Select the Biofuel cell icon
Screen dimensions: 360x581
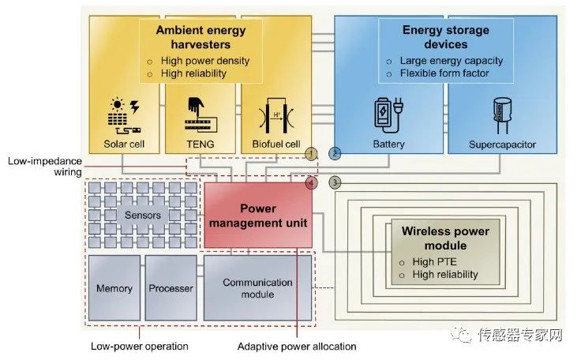pos(276,114)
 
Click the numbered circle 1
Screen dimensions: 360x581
pos(312,152)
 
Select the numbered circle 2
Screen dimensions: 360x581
pos(335,152)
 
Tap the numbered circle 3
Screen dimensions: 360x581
pos(335,183)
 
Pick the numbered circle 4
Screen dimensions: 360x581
pos(312,183)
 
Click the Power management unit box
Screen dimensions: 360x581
pos(258,216)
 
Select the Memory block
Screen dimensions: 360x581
pos(114,288)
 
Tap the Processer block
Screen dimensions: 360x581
pos(171,288)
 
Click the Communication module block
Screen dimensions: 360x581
pos(257,288)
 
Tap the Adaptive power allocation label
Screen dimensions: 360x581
pos(297,347)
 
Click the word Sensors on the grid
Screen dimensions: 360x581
pos(143,215)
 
